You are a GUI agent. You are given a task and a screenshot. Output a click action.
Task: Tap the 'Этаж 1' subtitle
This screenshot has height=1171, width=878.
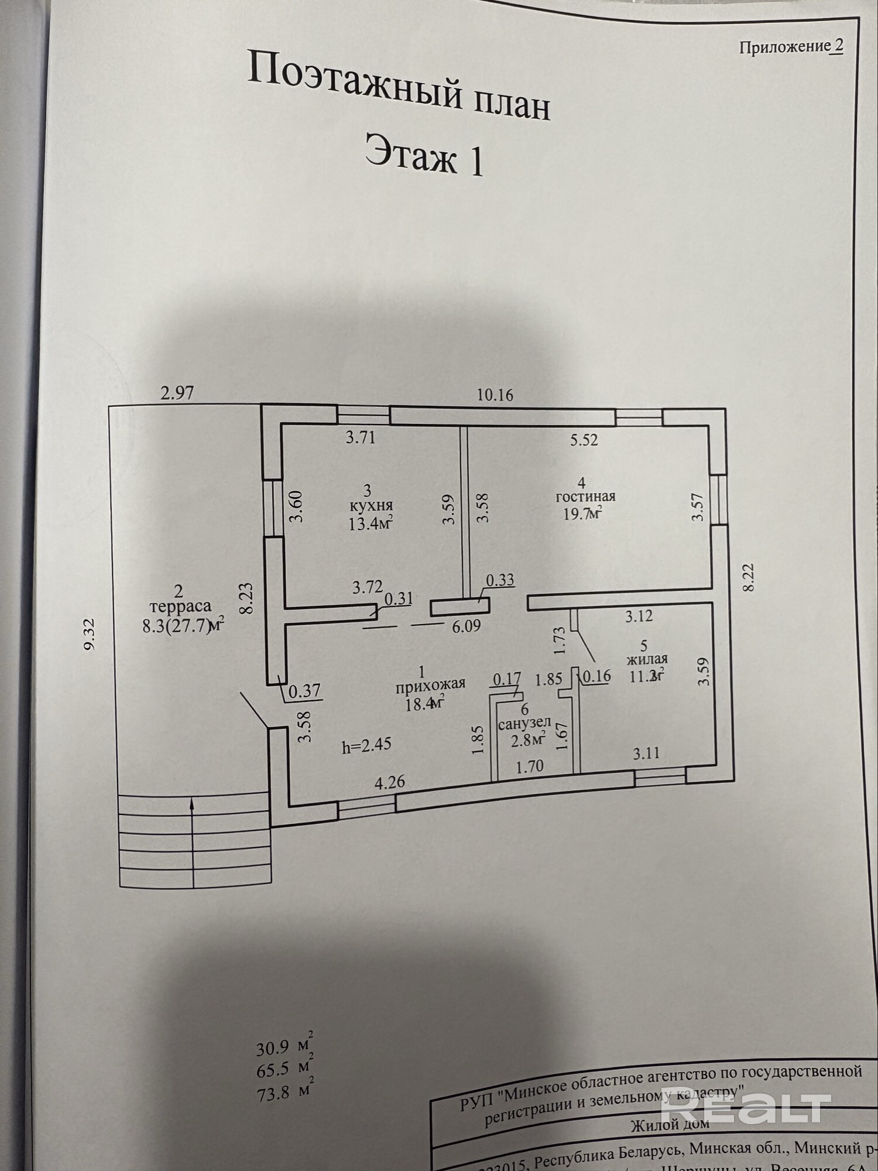coord(424,155)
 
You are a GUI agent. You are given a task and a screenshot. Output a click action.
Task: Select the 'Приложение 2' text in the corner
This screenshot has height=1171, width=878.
coord(790,47)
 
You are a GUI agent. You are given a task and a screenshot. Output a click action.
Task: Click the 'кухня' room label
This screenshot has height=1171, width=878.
coord(369,505)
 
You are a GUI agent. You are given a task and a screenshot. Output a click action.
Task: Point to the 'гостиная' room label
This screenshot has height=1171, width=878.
coord(585,497)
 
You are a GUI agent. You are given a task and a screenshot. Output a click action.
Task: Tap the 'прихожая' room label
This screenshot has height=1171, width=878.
coord(430,683)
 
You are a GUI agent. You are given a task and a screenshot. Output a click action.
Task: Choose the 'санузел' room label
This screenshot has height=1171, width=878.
coord(524,723)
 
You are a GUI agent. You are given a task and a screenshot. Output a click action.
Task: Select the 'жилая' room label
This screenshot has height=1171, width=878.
coord(647,660)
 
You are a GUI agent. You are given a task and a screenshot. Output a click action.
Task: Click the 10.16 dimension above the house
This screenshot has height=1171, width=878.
coord(495,395)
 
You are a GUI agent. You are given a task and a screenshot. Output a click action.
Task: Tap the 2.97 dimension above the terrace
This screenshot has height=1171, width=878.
coord(177,392)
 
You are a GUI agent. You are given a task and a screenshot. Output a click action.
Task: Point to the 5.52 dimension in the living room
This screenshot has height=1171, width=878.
coord(584,440)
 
